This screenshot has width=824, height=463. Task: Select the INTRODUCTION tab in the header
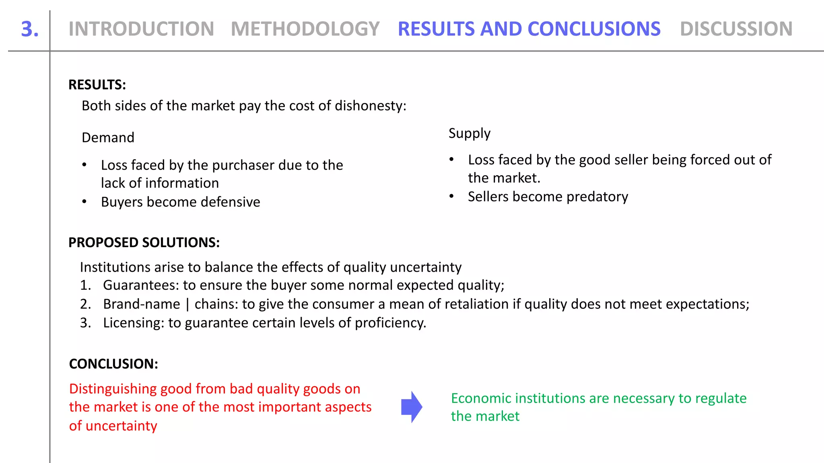click(x=141, y=29)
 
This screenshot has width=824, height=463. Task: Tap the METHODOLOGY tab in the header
click(x=305, y=29)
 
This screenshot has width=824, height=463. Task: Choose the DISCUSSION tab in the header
click(x=736, y=29)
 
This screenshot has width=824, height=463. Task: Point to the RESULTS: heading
click(x=97, y=85)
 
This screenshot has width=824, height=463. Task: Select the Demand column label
click(x=108, y=137)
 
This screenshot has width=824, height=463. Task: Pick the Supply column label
click(x=469, y=133)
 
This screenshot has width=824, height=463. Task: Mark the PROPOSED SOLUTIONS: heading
click(x=144, y=242)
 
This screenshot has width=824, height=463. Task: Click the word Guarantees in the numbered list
click(x=141, y=285)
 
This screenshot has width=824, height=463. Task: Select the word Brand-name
click(x=142, y=304)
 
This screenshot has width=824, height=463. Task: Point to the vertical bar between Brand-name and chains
click(x=187, y=304)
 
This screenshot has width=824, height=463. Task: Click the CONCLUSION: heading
click(x=113, y=364)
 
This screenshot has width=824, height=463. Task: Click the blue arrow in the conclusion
click(x=412, y=407)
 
